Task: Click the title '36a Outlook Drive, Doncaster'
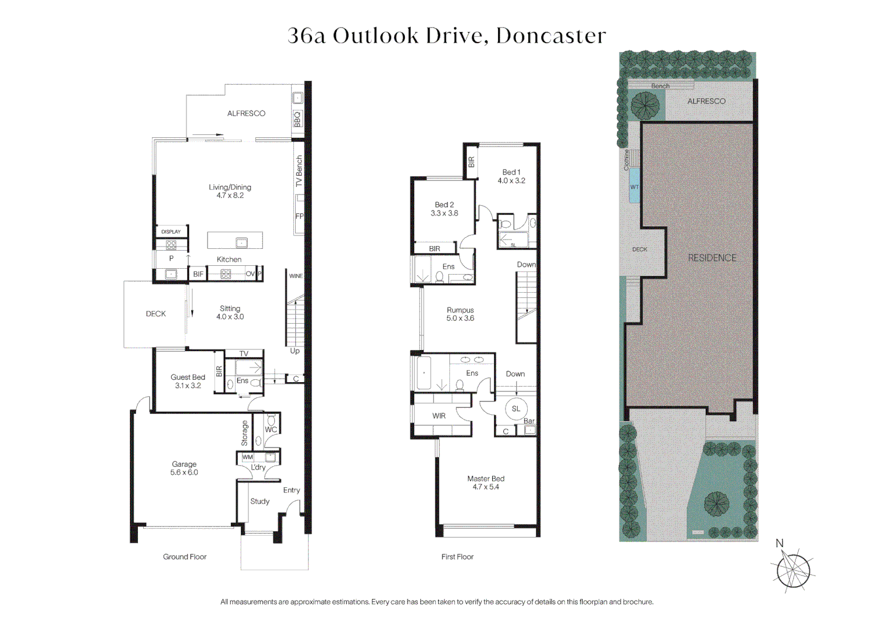446,36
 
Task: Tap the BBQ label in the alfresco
297,119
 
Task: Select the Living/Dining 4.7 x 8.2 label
230,191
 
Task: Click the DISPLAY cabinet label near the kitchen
171,232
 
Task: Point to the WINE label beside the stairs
296,276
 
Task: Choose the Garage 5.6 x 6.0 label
184,469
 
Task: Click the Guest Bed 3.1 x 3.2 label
188,382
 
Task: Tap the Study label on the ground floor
260,501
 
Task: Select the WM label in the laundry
248,457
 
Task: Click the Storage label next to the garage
245,433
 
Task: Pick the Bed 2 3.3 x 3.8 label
444,209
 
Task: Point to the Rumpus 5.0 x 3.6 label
460,314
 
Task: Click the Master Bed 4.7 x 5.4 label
486,483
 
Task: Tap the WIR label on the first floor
439,416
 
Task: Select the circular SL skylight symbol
515,409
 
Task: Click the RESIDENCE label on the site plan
712,258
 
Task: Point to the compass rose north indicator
792,569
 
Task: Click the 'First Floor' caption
457,557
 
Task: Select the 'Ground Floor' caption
185,557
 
